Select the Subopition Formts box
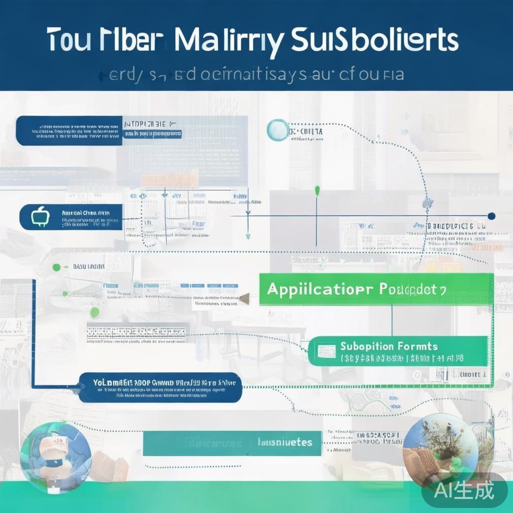(x=398, y=351)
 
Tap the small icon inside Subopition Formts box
(x=326, y=351)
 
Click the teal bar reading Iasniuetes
(x=231, y=442)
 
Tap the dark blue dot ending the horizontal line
(x=491, y=216)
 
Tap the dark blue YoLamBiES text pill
(x=160, y=387)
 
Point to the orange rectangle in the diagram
(x=169, y=178)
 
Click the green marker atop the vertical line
(x=317, y=190)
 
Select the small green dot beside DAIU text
(x=57, y=267)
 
